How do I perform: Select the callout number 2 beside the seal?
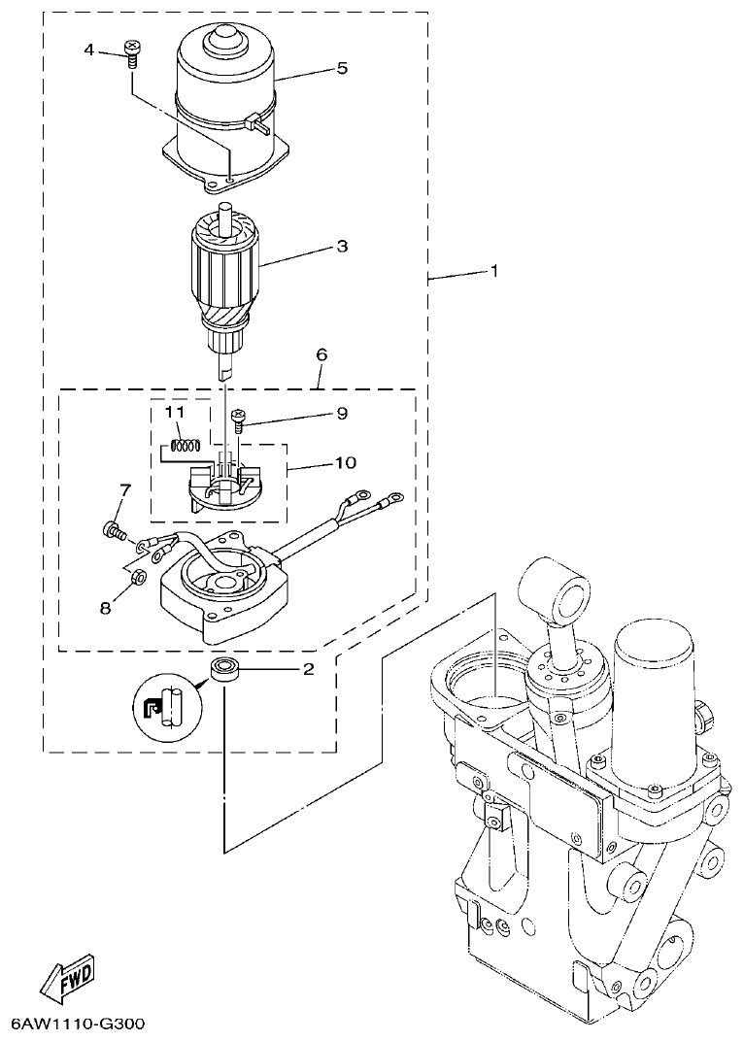pos(308,668)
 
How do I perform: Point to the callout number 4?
pos(90,49)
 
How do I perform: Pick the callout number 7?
pos(124,487)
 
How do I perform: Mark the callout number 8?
pos(105,607)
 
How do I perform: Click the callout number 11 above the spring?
pos(174,413)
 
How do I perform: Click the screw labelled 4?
pos(131,51)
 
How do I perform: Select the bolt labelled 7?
pos(112,530)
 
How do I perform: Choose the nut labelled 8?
pos(138,577)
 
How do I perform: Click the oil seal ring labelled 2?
pos(223,669)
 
